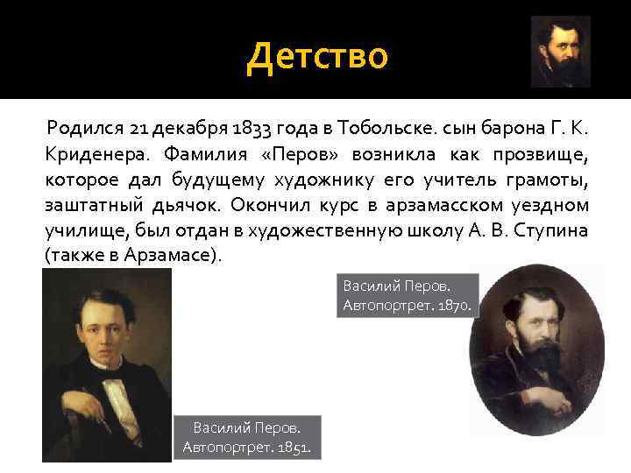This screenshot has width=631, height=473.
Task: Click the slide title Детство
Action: coord(316,56)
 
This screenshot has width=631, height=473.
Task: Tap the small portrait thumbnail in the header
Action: coord(560,52)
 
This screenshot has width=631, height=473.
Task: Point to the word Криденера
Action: coord(90,156)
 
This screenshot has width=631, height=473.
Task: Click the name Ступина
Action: coord(556,232)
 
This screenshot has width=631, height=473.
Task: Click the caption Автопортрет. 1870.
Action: coord(407,307)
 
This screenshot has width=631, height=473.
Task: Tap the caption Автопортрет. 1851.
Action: coord(247,448)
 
